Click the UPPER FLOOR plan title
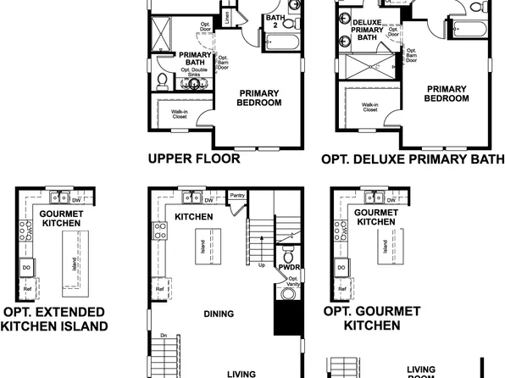194,158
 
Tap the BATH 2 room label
275,20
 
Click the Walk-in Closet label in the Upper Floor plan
180,114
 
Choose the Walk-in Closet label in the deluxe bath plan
370,107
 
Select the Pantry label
237,196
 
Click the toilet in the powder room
286,256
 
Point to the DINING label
219,314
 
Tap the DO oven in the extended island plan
25,267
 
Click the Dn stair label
164,336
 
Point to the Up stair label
261,264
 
